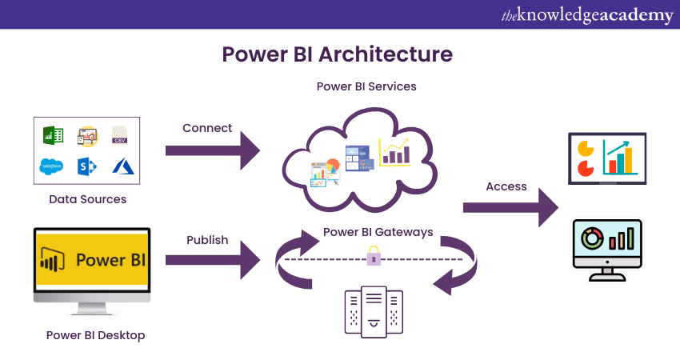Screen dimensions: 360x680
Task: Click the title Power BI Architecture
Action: (x=337, y=54)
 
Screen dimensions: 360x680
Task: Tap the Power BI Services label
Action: (x=366, y=86)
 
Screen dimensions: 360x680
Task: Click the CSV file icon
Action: (x=119, y=134)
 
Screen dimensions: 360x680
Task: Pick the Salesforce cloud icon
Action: (x=52, y=166)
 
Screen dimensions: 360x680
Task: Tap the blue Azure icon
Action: (x=121, y=166)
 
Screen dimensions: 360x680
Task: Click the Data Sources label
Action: (x=88, y=198)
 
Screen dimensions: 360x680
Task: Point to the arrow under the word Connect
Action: (x=212, y=150)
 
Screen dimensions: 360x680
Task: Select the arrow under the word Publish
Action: (x=212, y=260)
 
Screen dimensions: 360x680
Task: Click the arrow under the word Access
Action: (x=510, y=208)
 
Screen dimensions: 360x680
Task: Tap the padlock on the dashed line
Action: (x=373, y=257)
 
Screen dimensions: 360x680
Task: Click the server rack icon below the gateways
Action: (x=373, y=311)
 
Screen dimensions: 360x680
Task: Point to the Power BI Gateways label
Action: (x=378, y=232)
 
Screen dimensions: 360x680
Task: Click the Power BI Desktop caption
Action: (x=95, y=335)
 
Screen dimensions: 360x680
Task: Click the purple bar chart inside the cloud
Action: (x=394, y=152)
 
